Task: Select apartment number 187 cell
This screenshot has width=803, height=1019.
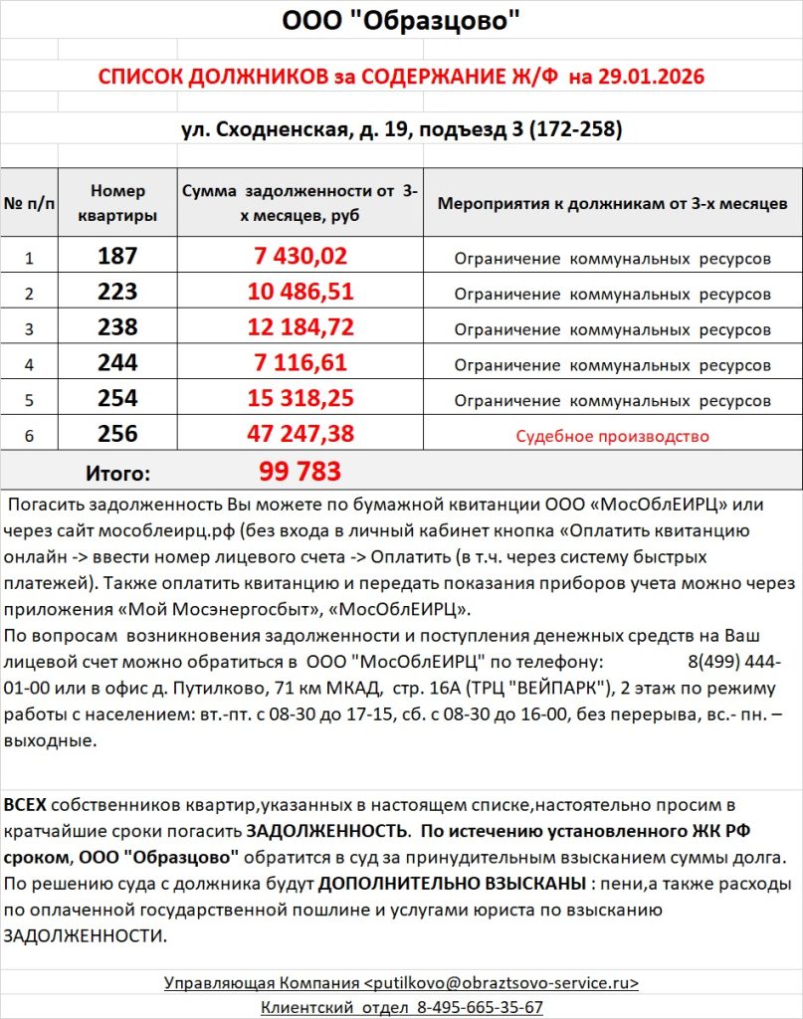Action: click(x=117, y=257)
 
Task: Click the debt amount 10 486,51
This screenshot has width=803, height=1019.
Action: click(x=300, y=293)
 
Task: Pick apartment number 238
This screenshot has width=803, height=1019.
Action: click(x=117, y=328)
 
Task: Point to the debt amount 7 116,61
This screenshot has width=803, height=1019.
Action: click(x=300, y=364)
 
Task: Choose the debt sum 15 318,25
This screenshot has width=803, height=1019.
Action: click(x=300, y=400)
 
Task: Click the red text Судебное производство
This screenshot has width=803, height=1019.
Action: click(x=612, y=436)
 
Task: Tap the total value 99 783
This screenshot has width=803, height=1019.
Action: click(x=300, y=471)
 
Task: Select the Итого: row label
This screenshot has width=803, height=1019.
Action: click(x=117, y=473)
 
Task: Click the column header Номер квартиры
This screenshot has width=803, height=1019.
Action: click(x=117, y=203)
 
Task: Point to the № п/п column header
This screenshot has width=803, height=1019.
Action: click(x=29, y=203)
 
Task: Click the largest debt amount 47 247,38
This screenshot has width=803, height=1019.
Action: click(x=300, y=435)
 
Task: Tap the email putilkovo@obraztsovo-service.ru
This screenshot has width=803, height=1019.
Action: click(x=504, y=983)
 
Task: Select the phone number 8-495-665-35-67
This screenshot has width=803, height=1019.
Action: click(x=473, y=1007)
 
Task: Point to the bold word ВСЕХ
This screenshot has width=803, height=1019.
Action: click(x=25, y=804)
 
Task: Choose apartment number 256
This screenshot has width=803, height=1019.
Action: click(x=117, y=435)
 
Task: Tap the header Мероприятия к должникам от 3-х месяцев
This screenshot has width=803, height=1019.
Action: click(x=612, y=203)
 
